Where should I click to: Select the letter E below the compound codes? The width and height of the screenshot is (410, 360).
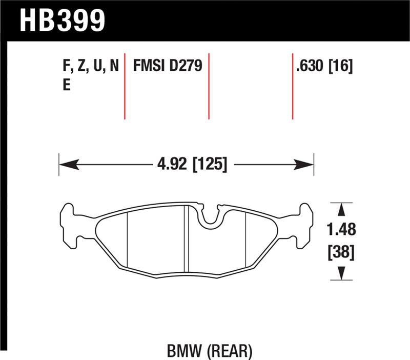coord(66,86)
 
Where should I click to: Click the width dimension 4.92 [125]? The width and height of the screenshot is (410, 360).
coord(190,165)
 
